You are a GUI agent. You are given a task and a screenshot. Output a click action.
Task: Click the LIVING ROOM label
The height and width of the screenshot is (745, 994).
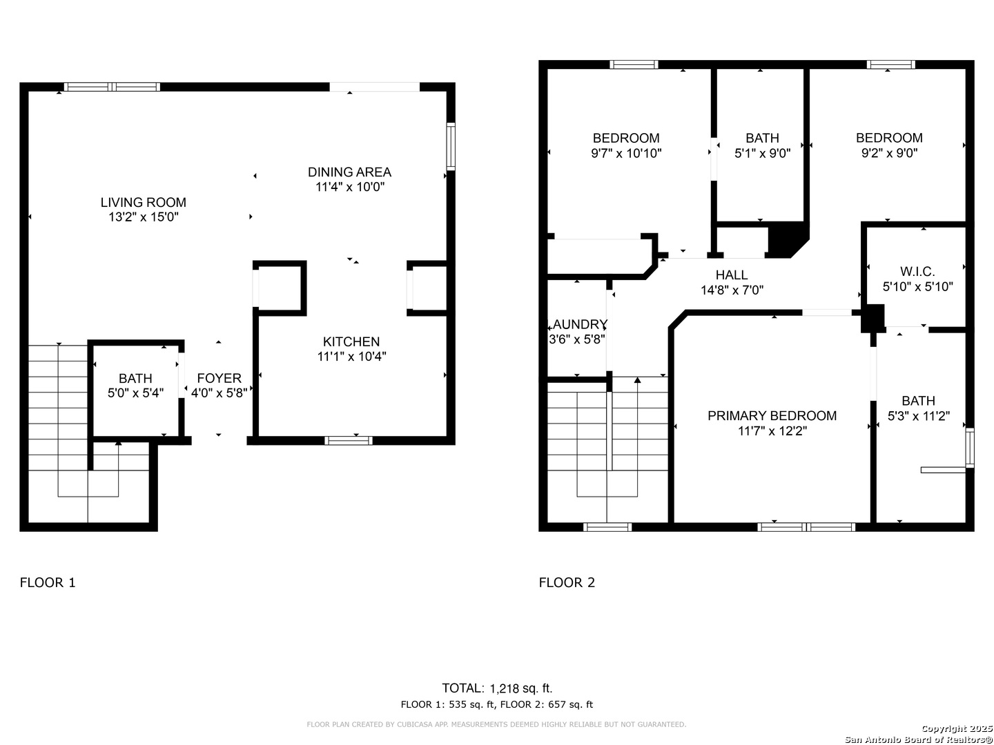point(143,202)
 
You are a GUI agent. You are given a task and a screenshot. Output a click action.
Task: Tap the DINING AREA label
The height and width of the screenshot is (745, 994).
point(349,172)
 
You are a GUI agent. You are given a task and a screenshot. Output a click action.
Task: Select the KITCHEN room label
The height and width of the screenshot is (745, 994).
point(351,341)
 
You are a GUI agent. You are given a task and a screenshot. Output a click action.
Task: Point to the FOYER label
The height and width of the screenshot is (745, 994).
point(220,378)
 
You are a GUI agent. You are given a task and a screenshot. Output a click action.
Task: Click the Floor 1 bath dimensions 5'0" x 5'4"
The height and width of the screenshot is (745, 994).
point(135,393)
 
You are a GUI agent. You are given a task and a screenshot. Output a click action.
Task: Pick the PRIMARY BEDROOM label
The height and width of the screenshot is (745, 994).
point(772,416)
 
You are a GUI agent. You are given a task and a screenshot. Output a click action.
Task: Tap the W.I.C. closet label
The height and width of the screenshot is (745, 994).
point(917,271)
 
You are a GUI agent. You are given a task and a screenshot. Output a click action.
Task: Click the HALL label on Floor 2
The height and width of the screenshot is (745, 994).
point(731,275)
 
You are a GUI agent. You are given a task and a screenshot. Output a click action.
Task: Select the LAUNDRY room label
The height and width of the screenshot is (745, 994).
point(578,324)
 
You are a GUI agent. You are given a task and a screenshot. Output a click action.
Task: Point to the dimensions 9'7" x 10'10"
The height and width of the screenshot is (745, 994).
point(626,153)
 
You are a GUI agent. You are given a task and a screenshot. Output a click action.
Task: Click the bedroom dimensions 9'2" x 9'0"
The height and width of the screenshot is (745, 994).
point(889,153)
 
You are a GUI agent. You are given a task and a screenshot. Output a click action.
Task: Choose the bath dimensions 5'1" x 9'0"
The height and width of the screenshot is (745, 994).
point(762,153)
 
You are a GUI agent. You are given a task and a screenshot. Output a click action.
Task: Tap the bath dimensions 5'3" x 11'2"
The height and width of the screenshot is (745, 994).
point(918,416)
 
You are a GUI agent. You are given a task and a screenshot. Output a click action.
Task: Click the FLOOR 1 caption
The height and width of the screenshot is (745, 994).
point(48,582)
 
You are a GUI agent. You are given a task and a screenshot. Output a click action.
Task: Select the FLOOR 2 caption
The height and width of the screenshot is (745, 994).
point(567,582)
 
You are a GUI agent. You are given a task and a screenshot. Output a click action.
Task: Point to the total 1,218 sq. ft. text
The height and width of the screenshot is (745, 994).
point(520,688)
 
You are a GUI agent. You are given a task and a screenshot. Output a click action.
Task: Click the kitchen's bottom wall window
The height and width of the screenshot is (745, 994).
point(348,441)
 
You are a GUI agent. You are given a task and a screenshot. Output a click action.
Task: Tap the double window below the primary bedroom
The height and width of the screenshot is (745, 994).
point(806,527)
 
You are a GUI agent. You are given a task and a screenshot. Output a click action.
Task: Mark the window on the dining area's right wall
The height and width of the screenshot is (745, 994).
point(451,146)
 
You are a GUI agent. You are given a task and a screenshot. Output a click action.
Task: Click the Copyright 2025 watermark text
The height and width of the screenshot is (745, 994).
point(957,728)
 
